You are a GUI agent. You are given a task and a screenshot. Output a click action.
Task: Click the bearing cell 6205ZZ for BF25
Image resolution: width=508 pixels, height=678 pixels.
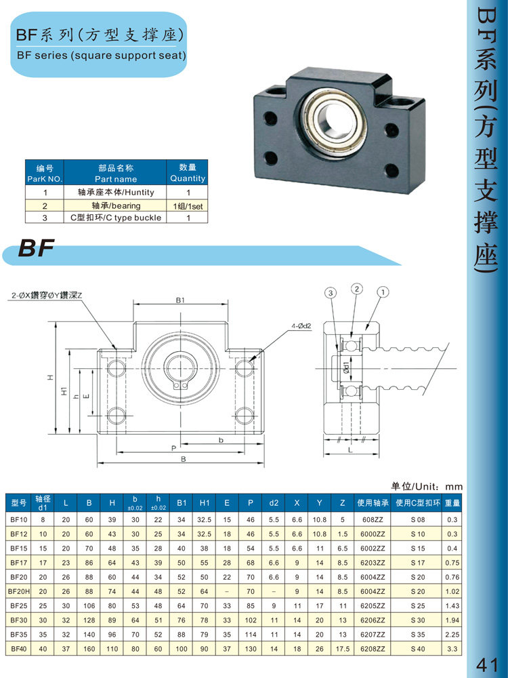pos(373,605)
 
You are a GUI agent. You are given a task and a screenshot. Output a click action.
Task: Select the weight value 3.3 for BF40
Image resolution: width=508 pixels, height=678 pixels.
pos(452,649)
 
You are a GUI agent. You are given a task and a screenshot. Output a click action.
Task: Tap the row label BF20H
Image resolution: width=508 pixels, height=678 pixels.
pos(19,591)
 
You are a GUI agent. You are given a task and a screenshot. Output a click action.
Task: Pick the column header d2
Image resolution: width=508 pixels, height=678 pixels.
pos(274,503)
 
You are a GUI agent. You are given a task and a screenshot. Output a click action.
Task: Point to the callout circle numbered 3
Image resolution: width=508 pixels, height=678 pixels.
pos(331,293)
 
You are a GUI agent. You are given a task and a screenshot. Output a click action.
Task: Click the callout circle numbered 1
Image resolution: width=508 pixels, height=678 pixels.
pos(383,292)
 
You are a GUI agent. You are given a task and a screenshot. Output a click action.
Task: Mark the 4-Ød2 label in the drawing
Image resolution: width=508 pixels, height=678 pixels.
pos(301,326)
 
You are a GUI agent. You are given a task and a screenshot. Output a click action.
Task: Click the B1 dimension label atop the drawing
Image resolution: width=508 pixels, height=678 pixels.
pos(180,300)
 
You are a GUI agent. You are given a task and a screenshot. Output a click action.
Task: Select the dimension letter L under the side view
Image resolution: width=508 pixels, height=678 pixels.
pos(350,450)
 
